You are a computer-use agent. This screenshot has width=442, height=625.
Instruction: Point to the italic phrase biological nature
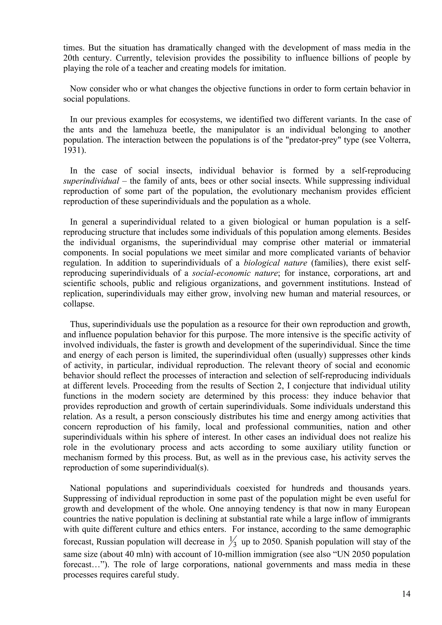[x=275, y=263]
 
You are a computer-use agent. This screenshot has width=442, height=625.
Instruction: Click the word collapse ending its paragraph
[x=78, y=304]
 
